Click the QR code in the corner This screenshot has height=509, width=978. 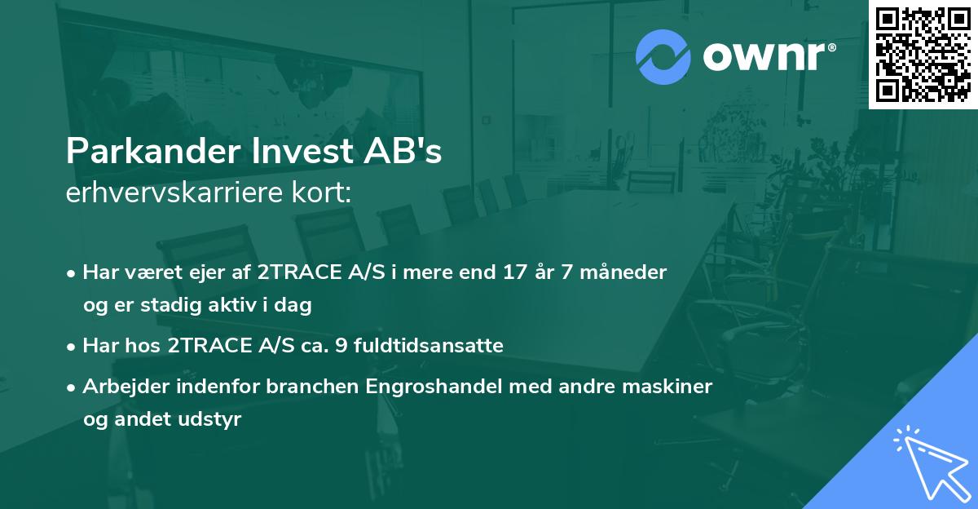(x=923, y=55)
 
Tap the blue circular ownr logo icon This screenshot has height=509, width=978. (x=663, y=57)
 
